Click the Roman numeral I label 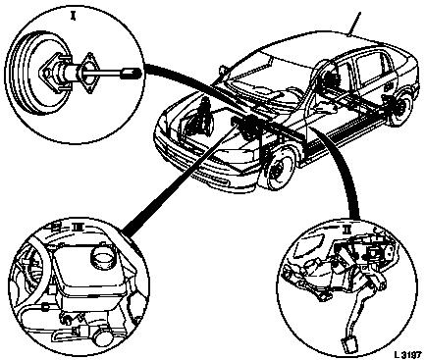[x=73, y=16]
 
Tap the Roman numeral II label [x=345, y=231]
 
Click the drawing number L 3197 [x=407, y=354]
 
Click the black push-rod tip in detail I [x=132, y=73]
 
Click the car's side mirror [x=222, y=70]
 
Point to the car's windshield [x=267, y=74]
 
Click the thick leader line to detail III [x=180, y=179]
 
